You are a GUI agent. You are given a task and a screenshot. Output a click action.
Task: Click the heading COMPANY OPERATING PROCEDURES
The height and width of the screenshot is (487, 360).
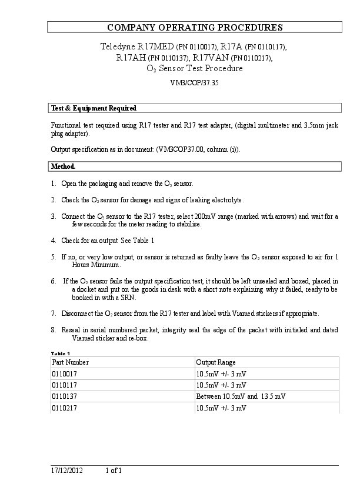(195, 28)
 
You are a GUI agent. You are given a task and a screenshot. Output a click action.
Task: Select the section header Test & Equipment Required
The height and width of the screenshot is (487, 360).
(94, 108)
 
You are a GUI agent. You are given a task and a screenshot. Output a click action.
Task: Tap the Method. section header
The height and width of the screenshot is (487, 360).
(64, 166)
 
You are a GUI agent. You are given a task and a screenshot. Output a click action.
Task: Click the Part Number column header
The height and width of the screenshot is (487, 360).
(71, 362)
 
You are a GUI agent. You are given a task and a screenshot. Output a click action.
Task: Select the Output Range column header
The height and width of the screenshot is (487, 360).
(216, 362)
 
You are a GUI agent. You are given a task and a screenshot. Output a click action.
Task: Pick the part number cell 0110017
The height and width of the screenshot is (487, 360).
(64, 374)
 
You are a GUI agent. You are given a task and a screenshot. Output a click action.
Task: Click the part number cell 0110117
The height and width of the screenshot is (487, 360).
(64, 385)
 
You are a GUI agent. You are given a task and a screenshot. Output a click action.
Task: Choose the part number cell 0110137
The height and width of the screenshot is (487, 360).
(64, 396)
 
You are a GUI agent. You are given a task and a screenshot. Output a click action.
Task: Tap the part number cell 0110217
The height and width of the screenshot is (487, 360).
(64, 408)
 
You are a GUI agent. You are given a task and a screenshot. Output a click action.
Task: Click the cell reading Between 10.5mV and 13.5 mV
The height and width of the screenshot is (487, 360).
(241, 396)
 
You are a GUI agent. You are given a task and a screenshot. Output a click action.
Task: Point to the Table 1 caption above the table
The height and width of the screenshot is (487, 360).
(61, 353)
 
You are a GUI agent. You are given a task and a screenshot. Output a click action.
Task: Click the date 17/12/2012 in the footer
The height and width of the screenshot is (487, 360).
(67, 471)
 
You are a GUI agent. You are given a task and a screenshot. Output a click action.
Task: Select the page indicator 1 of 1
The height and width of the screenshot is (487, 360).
(114, 471)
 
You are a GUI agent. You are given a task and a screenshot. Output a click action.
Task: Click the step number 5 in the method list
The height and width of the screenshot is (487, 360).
(54, 257)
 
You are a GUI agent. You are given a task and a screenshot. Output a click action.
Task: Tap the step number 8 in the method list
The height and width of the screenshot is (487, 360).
(54, 331)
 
